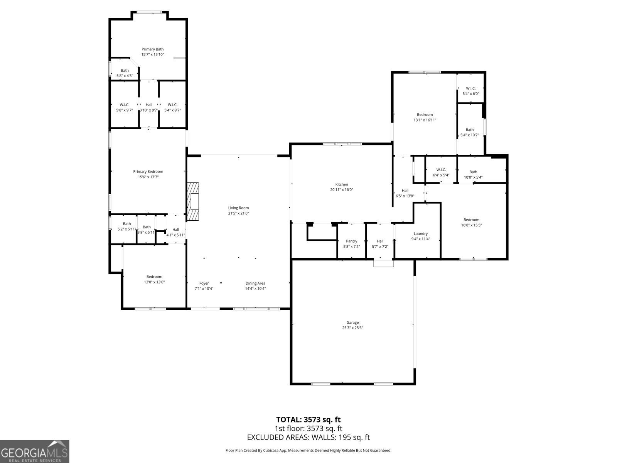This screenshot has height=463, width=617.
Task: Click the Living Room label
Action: coord(238,208)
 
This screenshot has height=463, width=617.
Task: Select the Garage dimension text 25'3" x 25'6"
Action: coord(352,328)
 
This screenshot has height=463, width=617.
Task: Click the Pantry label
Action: coord(351,241)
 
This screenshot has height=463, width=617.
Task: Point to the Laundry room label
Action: coord(420,233)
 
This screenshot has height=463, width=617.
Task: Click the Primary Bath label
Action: coord(152,49)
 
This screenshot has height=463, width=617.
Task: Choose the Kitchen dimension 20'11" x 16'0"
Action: coord(341,190)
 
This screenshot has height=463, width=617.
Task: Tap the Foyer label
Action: coord(204,283)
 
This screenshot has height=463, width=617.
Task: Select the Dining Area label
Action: coord(255,283)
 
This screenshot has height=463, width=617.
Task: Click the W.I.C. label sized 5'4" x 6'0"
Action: coord(470,88)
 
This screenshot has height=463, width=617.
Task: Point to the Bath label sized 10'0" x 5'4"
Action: coord(473,172)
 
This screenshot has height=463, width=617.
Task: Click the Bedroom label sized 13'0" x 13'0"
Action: coord(154,277)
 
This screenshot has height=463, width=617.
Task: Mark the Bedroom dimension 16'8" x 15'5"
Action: coord(471,225)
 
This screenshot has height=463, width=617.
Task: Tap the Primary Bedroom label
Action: coord(148,172)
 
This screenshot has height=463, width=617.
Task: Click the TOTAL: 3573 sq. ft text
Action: coord(308,419)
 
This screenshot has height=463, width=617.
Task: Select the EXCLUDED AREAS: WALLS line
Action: coord(308,437)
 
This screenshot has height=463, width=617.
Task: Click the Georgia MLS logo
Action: coord(34,451)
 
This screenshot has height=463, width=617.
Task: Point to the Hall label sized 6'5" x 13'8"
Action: coord(405,191)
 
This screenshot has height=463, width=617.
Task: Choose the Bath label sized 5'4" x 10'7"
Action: coord(469,130)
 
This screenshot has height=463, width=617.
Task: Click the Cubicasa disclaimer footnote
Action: coord(308,450)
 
